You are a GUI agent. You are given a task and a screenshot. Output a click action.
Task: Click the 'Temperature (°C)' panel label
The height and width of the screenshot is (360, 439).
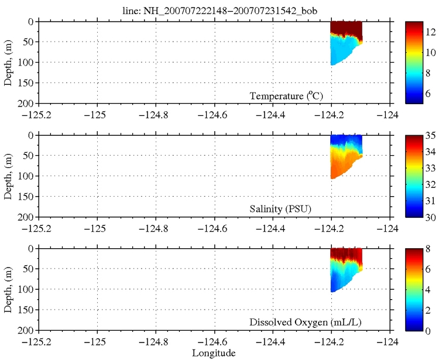(286, 96)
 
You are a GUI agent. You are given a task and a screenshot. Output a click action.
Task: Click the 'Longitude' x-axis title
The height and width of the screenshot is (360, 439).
(214, 353)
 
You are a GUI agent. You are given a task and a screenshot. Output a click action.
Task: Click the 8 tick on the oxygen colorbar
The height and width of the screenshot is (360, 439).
(429, 249)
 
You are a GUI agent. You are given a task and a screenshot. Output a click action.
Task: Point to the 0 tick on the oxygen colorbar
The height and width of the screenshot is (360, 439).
(429, 330)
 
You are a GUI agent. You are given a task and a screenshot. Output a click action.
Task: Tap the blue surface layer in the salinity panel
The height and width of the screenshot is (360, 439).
(345, 140)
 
